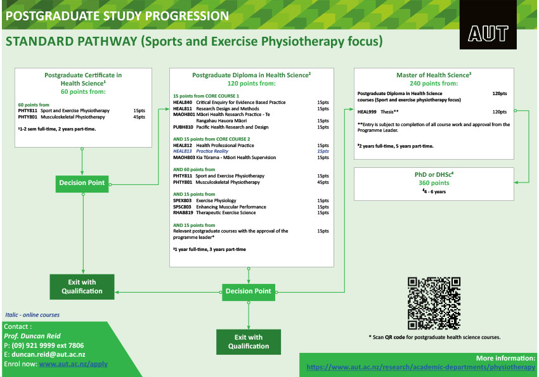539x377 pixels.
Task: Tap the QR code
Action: pyautogui.click(x=434, y=303)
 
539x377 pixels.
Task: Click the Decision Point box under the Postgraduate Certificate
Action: pyautogui.click(x=82, y=183)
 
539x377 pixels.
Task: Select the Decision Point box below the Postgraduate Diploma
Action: pyautogui.click(x=249, y=291)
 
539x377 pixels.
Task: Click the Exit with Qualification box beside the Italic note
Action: pyautogui.click(x=82, y=286)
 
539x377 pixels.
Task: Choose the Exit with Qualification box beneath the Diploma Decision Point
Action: pyautogui.click(x=249, y=342)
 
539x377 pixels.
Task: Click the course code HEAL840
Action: pyautogui.click(x=182, y=102)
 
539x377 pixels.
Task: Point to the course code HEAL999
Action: pyautogui.click(x=367, y=112)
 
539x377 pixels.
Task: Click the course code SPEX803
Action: pyautogui.click(x=182, y=201)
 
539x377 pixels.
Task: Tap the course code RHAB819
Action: pyautogui.click(x=182, y=212)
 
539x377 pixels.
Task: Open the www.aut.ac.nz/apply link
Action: pyautogui.click(x=73, y=364)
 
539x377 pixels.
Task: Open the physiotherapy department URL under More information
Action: pyautogui.click(x=420, y=367)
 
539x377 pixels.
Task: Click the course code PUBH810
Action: pyautogui.click(x=182, y=127)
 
